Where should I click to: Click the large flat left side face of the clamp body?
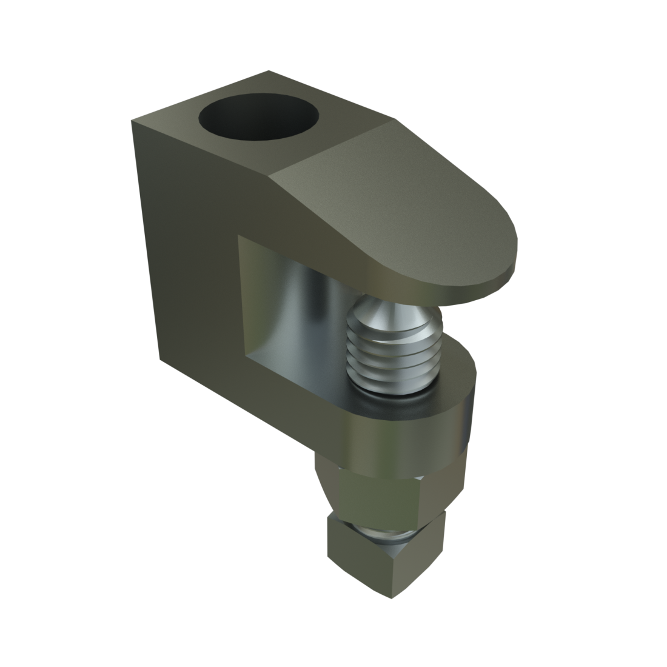pos(182,243)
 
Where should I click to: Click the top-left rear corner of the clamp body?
pos(132,120)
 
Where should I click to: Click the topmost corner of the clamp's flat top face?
pos(269,72)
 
